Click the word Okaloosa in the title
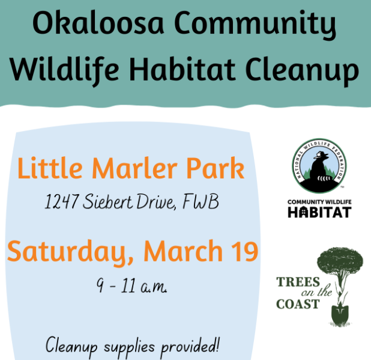[98, 23]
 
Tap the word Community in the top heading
[255, 25]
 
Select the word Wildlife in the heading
[64, 69]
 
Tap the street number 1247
[61, 201]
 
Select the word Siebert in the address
[108, 201]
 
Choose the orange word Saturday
[70, 252]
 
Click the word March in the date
[183, 251]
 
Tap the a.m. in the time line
[154, 287]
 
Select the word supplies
[129, 348]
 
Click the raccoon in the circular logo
[319, 169]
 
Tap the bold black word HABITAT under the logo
[319, 212]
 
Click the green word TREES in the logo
[298, 282]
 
